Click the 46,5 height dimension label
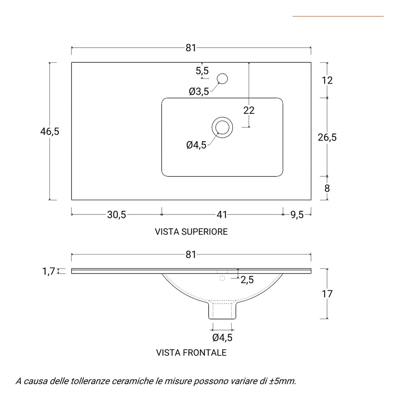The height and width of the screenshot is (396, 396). pyautogui.click(x=49, y=131)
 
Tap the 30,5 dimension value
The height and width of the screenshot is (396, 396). pyautogui.click(x=117, y=215)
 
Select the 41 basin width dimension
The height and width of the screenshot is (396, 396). pyautogui.click(x=222, y=215)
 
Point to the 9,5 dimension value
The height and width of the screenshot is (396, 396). pyautogui.click(x=297, y=215)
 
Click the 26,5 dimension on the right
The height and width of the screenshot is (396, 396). pyautogui.click(x=327, y=137)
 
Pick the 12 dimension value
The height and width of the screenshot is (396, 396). pyautogui.click(x=327, y=80)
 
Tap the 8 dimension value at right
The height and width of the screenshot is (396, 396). pyautogui.click(x=327, y=188)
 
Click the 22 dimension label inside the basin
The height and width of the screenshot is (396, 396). pyautogui.click(x=249, y=110)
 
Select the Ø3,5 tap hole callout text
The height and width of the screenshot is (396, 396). pyautogui.click(x=199, y=92)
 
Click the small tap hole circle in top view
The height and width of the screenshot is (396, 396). pyautogui.click(x=222, y=78)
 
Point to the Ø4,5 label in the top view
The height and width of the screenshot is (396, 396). pyautogui.click(x=196, y=145)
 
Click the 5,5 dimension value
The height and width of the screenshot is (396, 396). pyautogui.click(x=202, y=70)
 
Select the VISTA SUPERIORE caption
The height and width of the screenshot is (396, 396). pyautogui.click(x=191, y=232)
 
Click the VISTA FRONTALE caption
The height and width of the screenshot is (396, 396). pyautogui.click(x=191, y=353)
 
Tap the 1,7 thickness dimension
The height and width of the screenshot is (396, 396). pyautogui.click(x=48, y=271)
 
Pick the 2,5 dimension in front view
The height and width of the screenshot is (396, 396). pyautogui.click(x=247, y=280)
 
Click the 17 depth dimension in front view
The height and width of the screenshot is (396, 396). pyautogui.click(x=327, y=294)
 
